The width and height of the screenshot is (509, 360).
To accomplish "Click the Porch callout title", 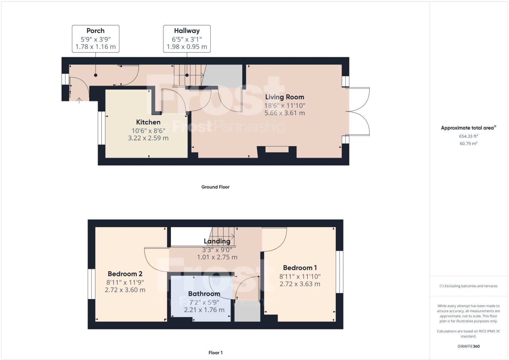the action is (x=95, y=31).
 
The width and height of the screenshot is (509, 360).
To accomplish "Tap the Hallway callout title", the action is (x=187, y=31).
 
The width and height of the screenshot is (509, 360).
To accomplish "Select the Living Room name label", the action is (x=284, y=97).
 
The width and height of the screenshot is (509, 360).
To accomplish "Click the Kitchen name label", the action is (x=148, y=122).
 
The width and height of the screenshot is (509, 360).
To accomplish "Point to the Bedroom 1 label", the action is (x=300, y=268).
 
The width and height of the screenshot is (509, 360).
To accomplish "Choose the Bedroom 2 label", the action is (x=125, y=274).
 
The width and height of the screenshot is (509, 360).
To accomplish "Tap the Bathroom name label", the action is (x=204, y=294).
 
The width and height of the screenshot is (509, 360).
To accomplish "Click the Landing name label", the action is (x=217, y=241).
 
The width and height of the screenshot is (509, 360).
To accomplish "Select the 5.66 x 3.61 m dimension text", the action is (x=284, y=113).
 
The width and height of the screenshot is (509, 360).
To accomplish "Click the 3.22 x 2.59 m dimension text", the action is (x=148, y=138).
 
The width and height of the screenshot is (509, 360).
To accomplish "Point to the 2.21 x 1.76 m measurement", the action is (x=204, y=310).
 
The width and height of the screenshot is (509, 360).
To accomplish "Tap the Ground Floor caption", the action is (x=215, y=187).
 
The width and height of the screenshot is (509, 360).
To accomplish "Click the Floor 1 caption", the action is (x=215, y=353).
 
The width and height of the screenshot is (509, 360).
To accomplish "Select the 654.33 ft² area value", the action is (x=468, y=136).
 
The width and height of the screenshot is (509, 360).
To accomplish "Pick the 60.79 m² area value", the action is (x=468, y=144).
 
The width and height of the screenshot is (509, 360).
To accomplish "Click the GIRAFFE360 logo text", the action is (x=468, y=346).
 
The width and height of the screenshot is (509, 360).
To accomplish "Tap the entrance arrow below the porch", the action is (x=79, y=101).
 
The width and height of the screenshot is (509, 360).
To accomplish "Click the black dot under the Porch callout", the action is (x=96, y=75).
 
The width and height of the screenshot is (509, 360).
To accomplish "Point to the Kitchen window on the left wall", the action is (x=101, y=128).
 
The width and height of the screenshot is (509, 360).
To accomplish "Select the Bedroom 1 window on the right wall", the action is (x=339, y=272).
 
